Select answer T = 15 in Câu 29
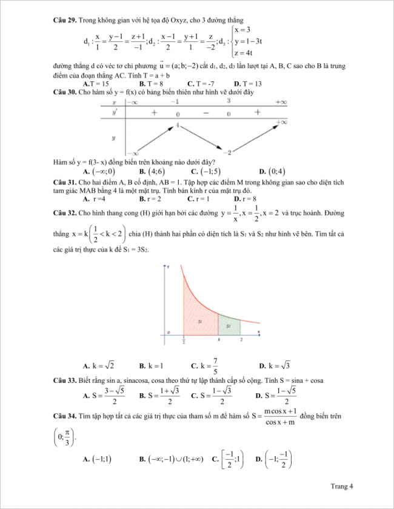point(96,84)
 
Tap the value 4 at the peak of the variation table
point(179,125)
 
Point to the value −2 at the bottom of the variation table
point(229,152)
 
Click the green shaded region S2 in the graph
point(229,326)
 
